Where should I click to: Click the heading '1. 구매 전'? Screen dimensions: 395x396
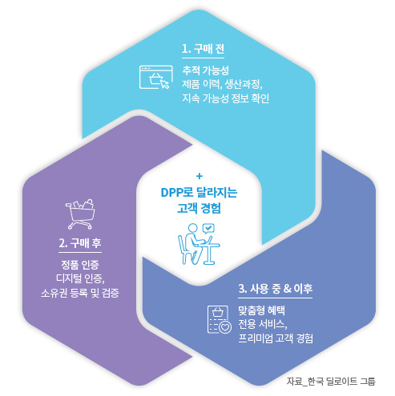click(x=203, y=49)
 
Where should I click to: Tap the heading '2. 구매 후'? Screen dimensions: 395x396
click(x=80, y=243)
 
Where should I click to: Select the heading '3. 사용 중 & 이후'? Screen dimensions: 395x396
click(x=276, y=289)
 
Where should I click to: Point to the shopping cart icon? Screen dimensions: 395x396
click(x=80, y=214)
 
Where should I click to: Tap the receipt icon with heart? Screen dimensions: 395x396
click(x=220, y=319)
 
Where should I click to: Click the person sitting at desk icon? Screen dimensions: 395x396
click(x=199, y=244)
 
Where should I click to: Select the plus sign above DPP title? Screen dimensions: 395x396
click(x=200, y=176)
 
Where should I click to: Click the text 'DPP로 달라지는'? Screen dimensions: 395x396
click(x=199, y=193)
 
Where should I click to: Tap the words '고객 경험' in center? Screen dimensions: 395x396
click(x=199, y=208)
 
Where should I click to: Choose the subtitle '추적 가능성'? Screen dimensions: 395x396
click(x=205, y=70)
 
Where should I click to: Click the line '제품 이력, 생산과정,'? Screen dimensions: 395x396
click(x=222, y=84)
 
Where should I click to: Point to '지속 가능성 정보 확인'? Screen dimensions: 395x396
click(x=226, y=98)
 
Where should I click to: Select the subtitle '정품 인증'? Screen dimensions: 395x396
click(x=80, y=265)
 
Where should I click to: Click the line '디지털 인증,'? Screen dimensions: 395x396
click(x=80, y=278)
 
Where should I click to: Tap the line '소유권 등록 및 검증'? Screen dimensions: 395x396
click(x=80, y=293)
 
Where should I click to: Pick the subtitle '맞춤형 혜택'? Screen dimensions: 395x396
click(x=262, y=310)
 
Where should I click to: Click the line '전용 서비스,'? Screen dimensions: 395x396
click(x=263, y=324)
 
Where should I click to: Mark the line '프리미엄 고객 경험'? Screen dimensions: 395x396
click(x=276, y=338)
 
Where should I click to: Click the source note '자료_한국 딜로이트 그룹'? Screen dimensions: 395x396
click(x=331, y=382)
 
